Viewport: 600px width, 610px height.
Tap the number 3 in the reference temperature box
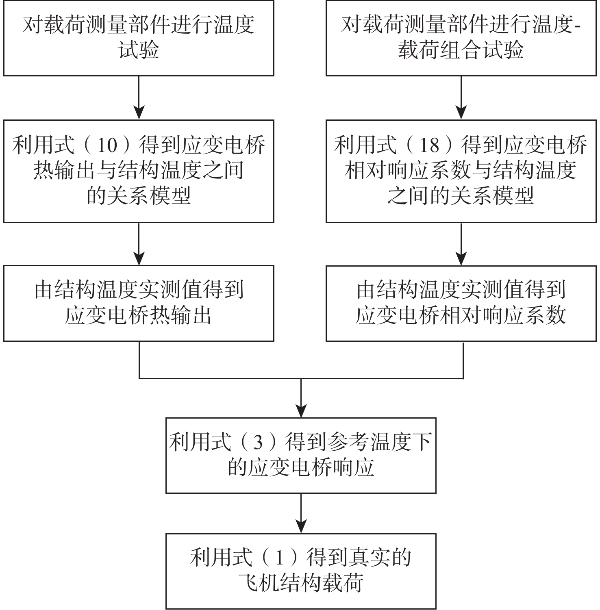tap(259, 443)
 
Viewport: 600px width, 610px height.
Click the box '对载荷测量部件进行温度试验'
tap(139, 38)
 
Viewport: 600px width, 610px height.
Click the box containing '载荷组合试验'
tap(461, 38)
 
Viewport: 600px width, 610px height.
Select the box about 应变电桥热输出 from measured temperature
tap(139, 303)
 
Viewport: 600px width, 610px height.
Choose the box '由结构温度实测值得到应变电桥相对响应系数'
tap(461, 303)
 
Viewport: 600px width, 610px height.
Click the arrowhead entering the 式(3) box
tap(301, 411)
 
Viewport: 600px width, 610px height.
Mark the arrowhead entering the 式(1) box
tap(301, 527)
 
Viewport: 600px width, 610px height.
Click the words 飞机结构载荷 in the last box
tap(301, 583)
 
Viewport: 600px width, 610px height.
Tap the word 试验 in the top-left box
tap(139, 51)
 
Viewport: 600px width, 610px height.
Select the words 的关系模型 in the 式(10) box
tap(139, 196)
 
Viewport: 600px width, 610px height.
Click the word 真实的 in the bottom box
tap(380, 558)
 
